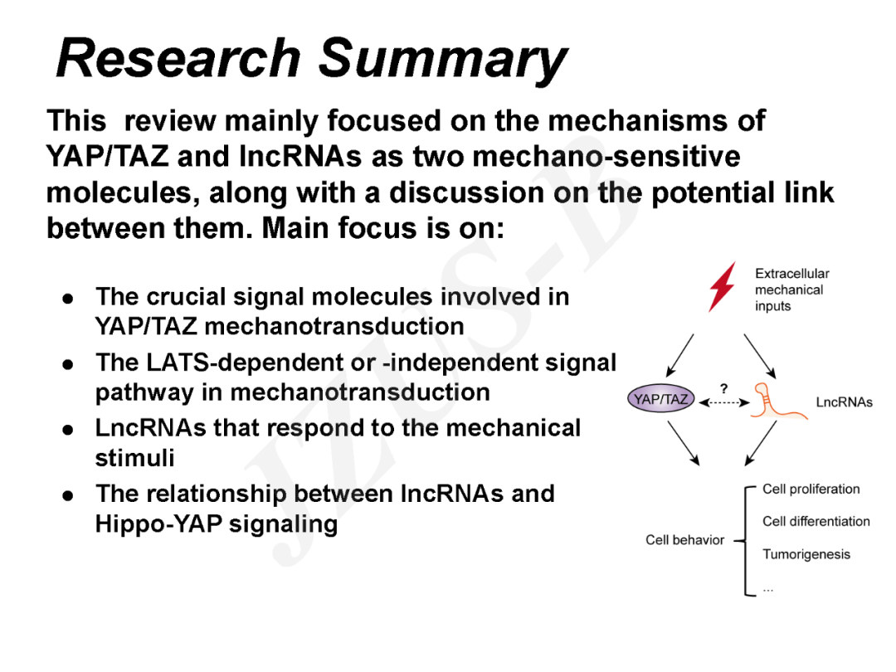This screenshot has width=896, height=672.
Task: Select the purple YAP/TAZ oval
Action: pos(660,400)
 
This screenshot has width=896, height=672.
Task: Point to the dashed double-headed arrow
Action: pos(723,402)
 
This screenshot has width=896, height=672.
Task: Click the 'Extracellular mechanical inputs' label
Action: pos(791,290)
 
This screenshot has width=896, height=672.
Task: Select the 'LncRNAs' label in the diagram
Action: pos(844,402)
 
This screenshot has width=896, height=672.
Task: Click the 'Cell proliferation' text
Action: pos(811,489)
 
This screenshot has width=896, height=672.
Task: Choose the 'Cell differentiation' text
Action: pos(816,522)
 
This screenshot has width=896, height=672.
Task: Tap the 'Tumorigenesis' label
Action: pos(806,554)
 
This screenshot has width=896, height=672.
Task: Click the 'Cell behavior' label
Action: pos(684,540)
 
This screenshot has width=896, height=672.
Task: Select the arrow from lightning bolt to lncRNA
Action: pos(759,355)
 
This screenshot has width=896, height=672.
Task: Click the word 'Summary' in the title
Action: pos(442,61)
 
